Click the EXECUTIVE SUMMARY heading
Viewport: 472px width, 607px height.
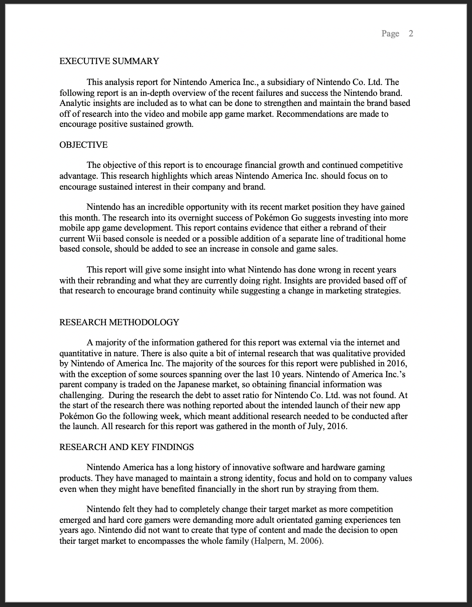(109, 62)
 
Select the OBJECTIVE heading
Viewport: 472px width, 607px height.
(83, 145)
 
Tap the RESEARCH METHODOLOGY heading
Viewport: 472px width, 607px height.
(119, 322)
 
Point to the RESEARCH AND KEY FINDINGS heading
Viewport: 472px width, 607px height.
(126, 447)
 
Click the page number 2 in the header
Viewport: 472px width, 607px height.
(411, 33)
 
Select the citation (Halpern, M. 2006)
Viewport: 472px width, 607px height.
(287, 541)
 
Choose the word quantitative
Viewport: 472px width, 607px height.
(82, 353)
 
